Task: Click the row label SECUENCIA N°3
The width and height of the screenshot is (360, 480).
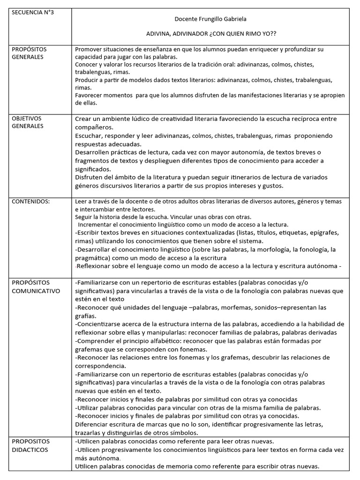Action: (33, 12)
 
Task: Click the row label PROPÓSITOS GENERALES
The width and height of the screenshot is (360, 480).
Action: (29, 53)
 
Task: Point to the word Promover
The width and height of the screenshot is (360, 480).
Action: (90, 49)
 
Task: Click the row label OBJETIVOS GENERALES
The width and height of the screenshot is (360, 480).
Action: (28, 122)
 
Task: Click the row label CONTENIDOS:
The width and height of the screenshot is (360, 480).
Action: (30, 202)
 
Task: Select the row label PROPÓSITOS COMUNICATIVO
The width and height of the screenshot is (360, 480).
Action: (36, 287)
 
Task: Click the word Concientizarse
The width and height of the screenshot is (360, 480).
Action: (103, 324)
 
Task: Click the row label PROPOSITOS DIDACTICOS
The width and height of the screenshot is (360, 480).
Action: (31, 445)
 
